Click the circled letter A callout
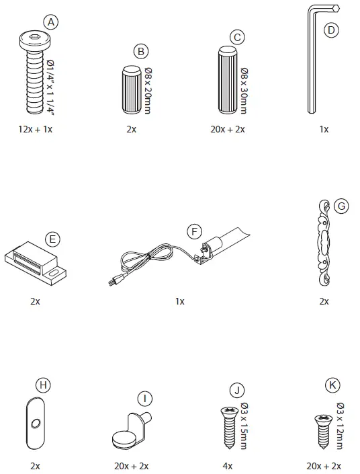[51, 22]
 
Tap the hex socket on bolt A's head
[34, 38]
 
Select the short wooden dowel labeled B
[132, 90]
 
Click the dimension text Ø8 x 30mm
[244, 90]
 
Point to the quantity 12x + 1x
[36, 129]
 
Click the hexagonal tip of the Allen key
[336, 8]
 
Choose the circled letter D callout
[331, 30]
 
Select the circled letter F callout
[194, 232]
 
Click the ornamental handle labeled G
[324, 243]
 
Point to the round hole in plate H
[36, 424]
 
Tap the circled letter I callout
[145, 399]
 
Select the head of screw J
[230, 411]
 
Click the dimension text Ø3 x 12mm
[340, 426]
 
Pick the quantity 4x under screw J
[228, 466]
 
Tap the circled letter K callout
[332, 385]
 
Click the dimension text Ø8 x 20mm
[148, 90]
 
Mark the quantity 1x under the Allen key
[324, 129]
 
